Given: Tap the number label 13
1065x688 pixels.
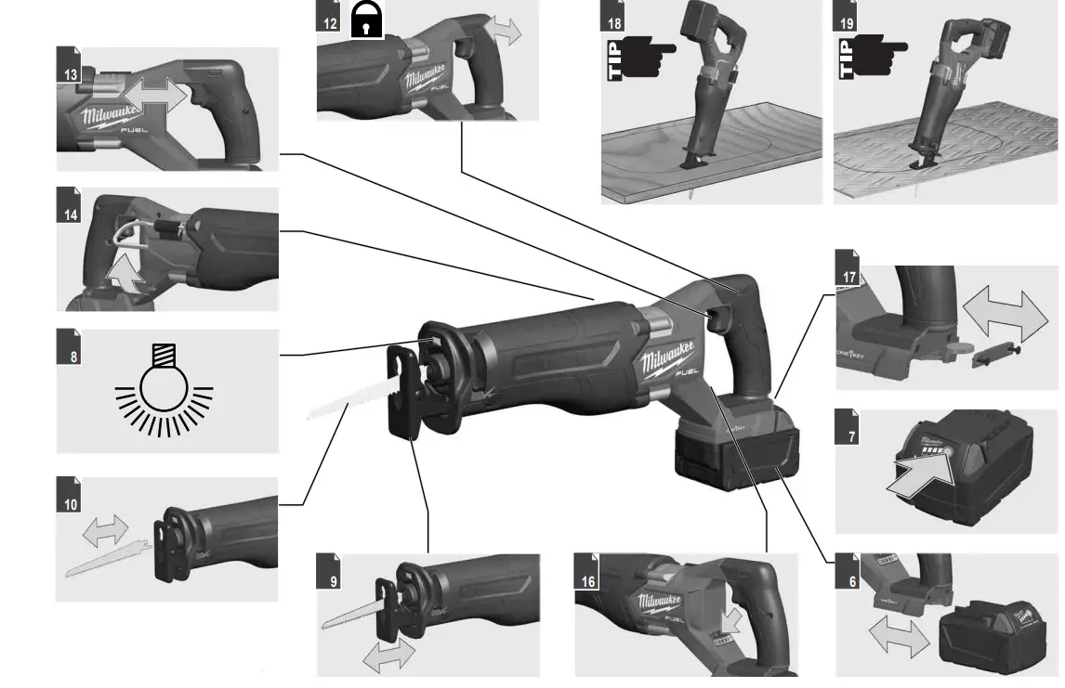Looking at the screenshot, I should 67,72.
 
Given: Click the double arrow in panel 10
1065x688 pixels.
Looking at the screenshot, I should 105,532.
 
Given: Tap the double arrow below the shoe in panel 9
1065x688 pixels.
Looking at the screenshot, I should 389,656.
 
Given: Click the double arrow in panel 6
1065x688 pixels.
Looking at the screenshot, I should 898,639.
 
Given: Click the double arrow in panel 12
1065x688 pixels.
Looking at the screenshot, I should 507,29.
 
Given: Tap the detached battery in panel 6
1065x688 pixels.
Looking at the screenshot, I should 993,639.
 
